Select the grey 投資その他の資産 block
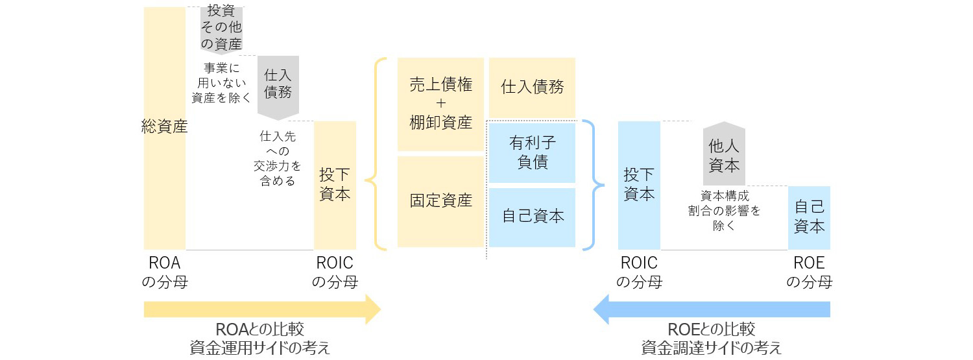click(x=221, y=29)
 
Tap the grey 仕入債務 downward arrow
click(x=278, y=86)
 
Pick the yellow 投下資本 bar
click(x=335, y=185)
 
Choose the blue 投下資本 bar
click(x=639, y=185)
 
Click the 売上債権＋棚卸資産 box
click(x=440, y=104)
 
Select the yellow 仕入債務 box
click(x=532, y=88)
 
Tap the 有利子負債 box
click(x=532, y=152)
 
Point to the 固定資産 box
click(x=440, y=201)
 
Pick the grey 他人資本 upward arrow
click(x=724, y=154)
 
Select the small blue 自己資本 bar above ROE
click(x=809, y=217)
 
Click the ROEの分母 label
click(x=809, y=272)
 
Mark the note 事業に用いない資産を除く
click(x=221, y=82)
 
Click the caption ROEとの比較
click(x=711, y=330)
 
